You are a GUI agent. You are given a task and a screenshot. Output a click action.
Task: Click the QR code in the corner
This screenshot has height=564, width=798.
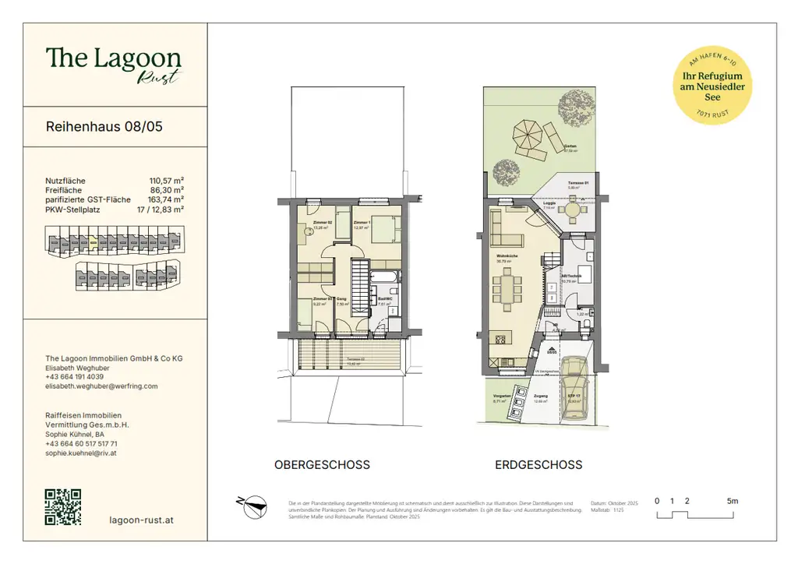pyautogui.click(x=64, y=506)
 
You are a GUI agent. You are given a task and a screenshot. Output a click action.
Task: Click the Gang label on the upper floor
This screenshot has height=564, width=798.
pyautogui.click(x=341, y=299)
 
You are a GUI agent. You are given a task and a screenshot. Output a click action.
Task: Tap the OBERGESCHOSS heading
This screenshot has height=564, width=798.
pyautogui.click(x=322, y=465)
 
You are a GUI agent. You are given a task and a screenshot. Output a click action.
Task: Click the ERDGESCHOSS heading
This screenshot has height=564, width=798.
pyautogui.click(x=538, y=465)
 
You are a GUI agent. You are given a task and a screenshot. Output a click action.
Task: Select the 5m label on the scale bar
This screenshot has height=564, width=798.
pyautogui.click(x=732, y=501)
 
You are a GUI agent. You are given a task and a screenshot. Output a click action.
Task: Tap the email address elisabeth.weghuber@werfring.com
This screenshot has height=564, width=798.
pyautogui.click(x=101, y=386)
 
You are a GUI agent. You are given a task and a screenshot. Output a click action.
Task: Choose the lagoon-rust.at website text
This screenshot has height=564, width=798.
pyautogui.click(x=143, y=520)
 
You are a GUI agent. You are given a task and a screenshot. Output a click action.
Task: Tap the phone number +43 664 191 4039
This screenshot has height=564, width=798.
pyautogui.click(x=75, y=377)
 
